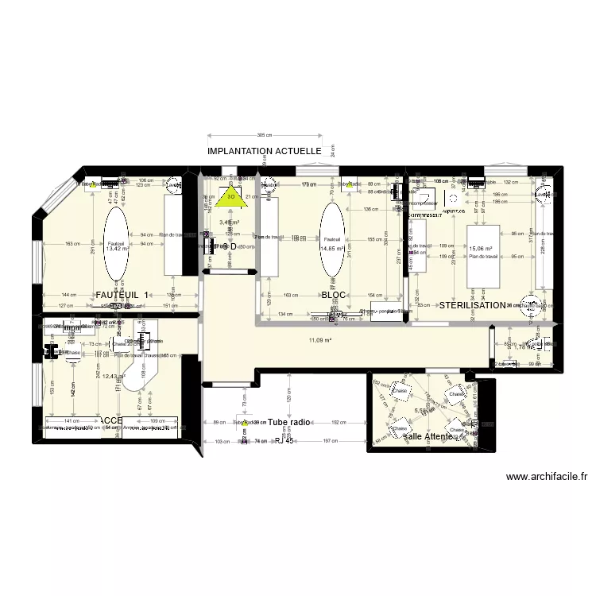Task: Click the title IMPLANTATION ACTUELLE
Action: click(x=264, y=150)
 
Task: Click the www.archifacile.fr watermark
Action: click(x=547, y=478)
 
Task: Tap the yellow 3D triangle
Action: click(x=230, y=199)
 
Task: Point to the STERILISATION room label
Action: click(x=472, y=304)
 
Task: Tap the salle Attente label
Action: click(x=429, y=436)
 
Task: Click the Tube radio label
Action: click(x=289, y=423)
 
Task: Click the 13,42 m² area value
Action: click(x=118, y=248)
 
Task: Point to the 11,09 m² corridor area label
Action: click(x=319, y=341)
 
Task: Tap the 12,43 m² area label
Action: click(x=114, y=377)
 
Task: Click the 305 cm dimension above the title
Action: click(x=264, y=135)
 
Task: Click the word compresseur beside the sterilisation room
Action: click(x=424, y=215)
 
